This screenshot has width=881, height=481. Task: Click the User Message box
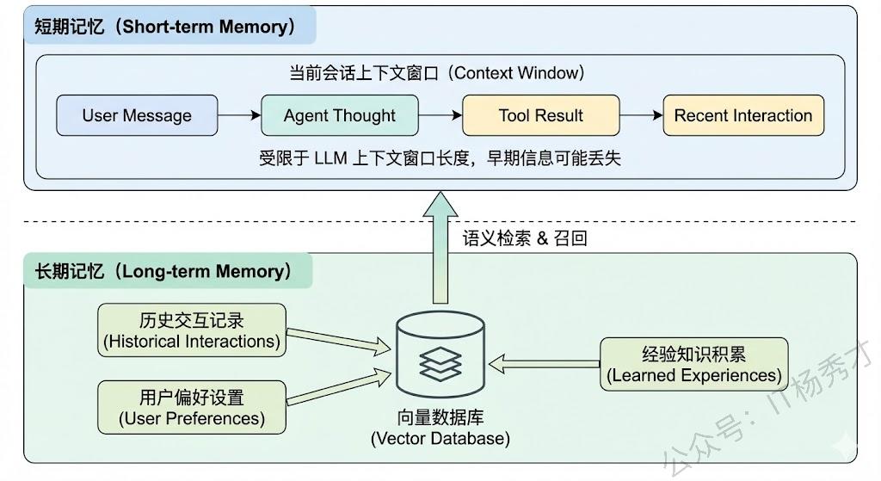137,115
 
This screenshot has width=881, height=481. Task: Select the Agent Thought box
340,115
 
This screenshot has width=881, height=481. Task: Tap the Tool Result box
540,115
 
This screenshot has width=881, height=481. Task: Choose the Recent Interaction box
742,115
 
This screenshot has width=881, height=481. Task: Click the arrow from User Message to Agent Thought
239,115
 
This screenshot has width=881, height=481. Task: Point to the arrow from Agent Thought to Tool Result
440,115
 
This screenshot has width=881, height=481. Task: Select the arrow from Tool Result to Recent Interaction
641,115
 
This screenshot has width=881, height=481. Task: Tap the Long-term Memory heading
163,271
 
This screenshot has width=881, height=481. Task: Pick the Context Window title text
436,73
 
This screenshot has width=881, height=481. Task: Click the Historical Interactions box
192,330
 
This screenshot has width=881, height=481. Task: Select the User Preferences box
192,408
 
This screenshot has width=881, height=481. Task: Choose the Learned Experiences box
694,364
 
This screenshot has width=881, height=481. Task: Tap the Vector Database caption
440,428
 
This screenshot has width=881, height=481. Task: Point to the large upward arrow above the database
440,250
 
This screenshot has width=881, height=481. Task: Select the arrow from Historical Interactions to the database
337,340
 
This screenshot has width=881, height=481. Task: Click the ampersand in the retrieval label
542,238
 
